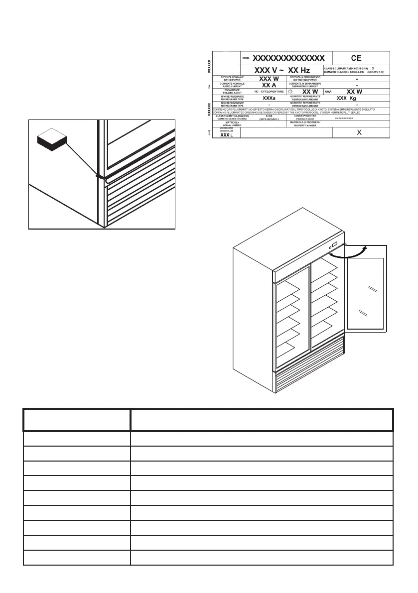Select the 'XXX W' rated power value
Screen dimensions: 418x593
pos(269,79)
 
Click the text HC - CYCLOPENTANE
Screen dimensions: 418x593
pos(269,92)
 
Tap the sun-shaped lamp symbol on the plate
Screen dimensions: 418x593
pos(290,92)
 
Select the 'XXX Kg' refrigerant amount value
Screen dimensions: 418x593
pos(346,99)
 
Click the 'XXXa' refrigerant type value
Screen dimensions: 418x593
pos(269,99)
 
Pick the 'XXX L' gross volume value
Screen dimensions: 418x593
pos(226,135)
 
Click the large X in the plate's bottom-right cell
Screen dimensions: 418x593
pos(359,132)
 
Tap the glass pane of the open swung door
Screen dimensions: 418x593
pos(367,294)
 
